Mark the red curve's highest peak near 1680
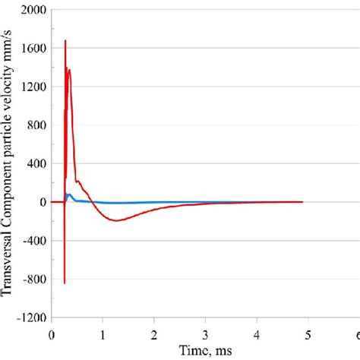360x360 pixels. pos(65,40)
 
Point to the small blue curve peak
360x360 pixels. pos(69,194)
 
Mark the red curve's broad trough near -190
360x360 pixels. pos(115,220)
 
